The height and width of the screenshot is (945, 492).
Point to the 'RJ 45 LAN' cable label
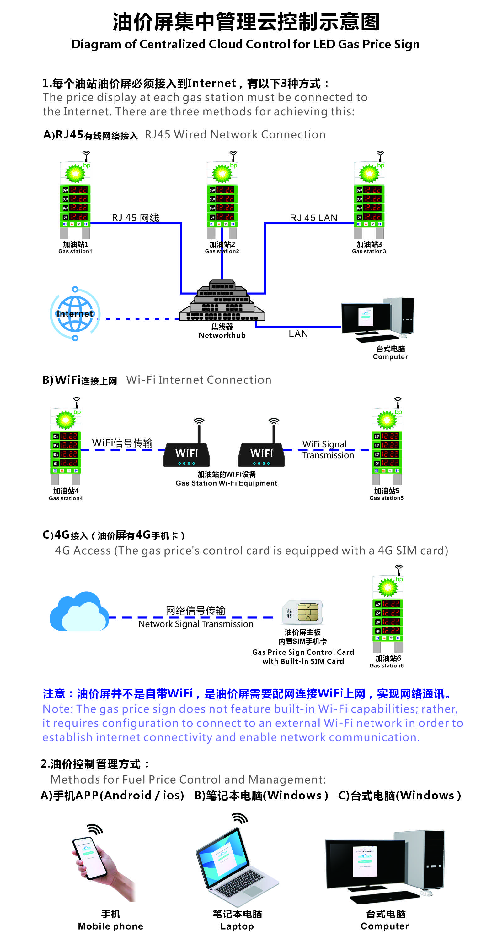click(313, 218)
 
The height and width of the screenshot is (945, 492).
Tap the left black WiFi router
click(187, 454)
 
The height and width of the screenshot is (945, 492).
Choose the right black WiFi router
click(261, 454)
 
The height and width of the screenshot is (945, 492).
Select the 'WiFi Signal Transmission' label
click(328, 450)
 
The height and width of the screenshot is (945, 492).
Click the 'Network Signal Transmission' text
click(196, 624)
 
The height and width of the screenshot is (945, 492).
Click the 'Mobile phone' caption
click(110, 926)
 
